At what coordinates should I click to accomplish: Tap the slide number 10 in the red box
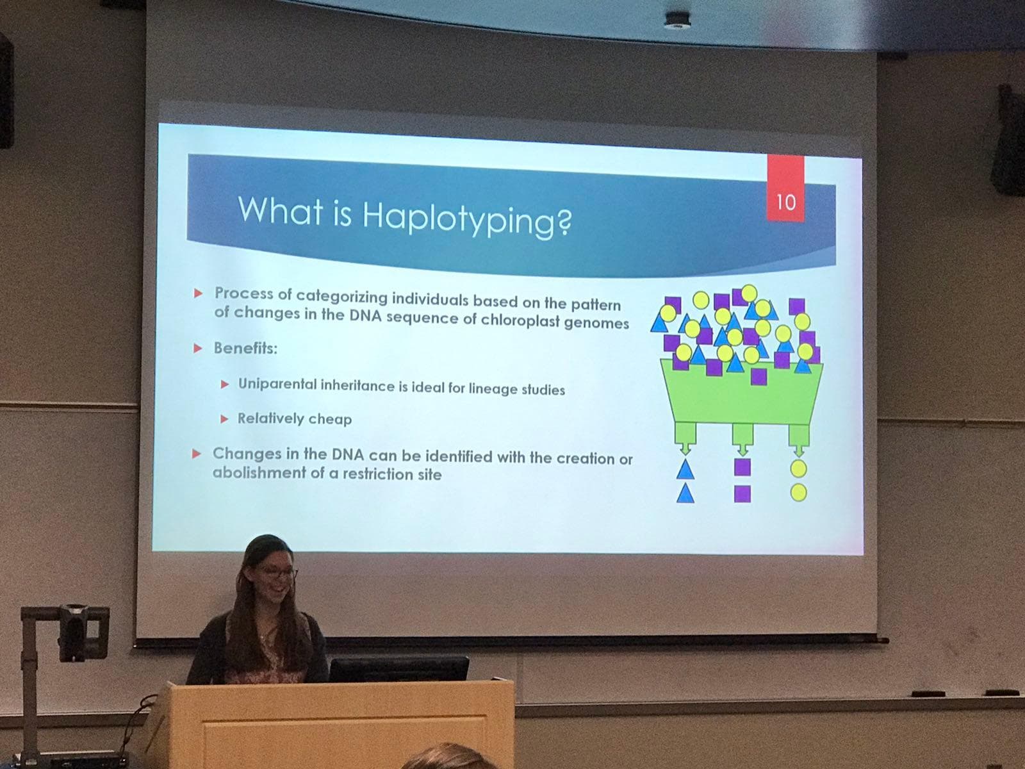coord(786,202)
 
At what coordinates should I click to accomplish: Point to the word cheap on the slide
coord(330,419)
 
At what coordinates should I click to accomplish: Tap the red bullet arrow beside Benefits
coord(198,349)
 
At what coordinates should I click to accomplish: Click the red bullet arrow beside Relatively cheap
coord(225,419)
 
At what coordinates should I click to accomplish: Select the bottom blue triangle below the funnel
coord(685,493)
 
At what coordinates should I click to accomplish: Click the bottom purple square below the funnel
coord(742,493)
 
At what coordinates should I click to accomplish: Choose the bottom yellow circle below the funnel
coord(798,493)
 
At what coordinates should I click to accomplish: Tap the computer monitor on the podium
coord(399,668)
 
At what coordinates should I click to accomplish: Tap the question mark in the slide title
coord(565,221)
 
